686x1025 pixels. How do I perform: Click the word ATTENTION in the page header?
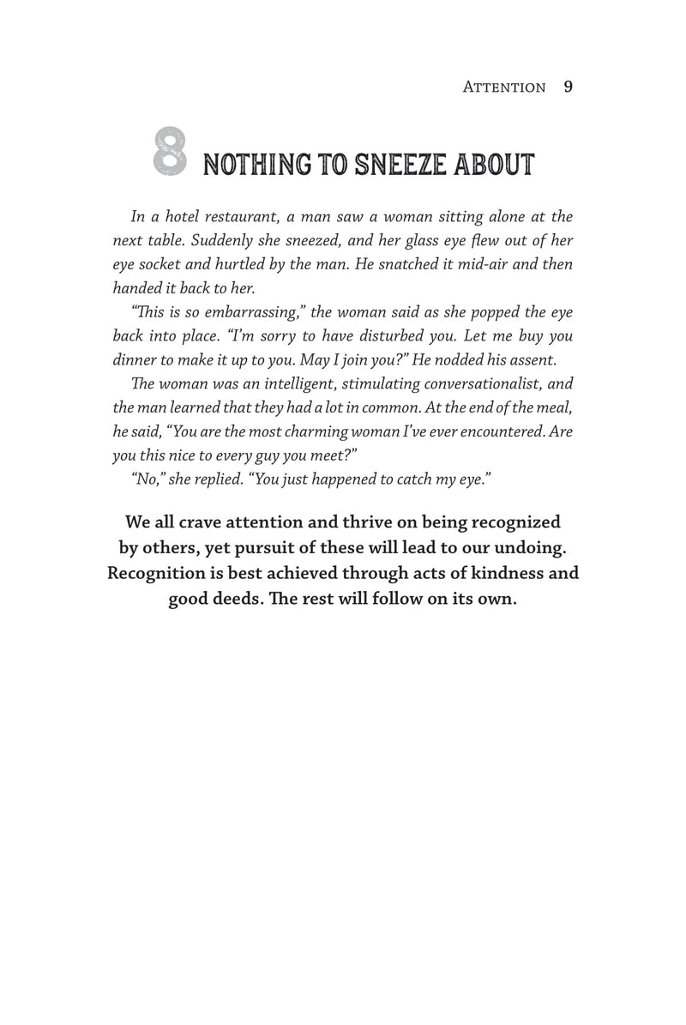point(503,87)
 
